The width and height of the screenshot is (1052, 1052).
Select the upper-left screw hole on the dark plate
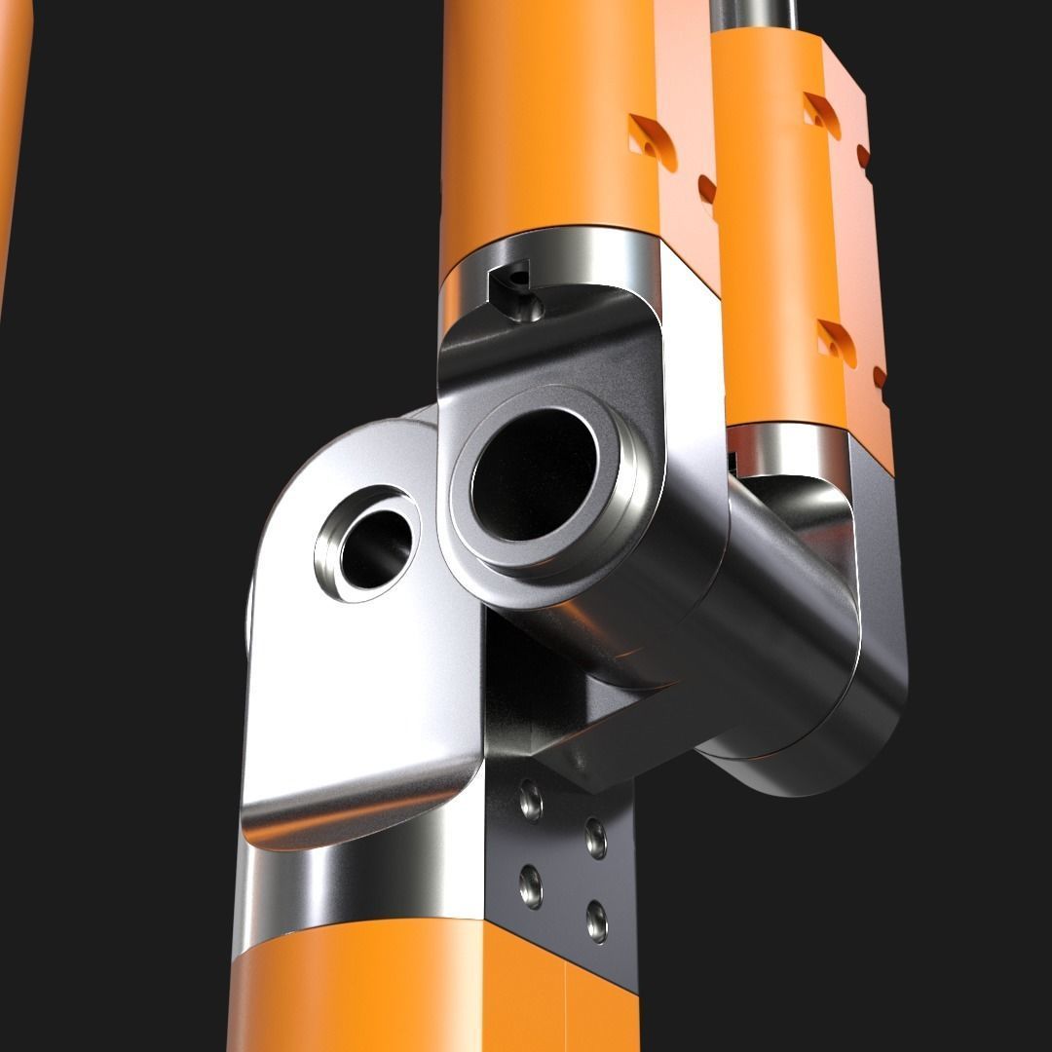(531, 800)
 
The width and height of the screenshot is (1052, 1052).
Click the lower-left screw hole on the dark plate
(531, 884)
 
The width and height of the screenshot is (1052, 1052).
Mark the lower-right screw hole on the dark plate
(596, 921)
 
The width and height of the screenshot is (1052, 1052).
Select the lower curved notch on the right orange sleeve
(836, 342)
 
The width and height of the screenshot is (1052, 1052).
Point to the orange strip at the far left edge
(12, 146)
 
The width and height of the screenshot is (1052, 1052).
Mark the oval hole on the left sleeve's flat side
(707, 190)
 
